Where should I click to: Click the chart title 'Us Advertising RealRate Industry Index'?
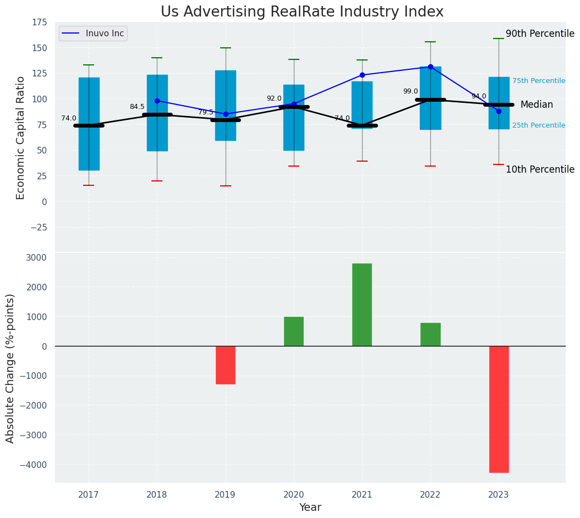(x=302, y=12)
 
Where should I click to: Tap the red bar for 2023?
(x=499, y=409)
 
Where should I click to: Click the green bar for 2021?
(x=362, y=305)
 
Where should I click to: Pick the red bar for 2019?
(x=226, y=365)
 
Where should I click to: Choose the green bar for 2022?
(x=430, y=334)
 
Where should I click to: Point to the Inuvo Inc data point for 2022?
(x=430, y=67)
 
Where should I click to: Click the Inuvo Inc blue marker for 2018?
(x=157, y=101)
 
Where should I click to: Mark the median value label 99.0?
(x=411, y=92)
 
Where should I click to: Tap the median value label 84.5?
(x=137, y=107)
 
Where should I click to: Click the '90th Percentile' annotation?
(x=540, y=34)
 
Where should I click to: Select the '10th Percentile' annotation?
(x=540, y=169)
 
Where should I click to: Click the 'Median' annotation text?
(x=537, y=104)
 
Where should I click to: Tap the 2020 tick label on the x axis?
(x=294, y=495)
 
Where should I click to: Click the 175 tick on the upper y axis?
(x=40, y=23)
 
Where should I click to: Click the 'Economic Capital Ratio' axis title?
(x=21, y=137)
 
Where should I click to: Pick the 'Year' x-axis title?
(x=310, y=508)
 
